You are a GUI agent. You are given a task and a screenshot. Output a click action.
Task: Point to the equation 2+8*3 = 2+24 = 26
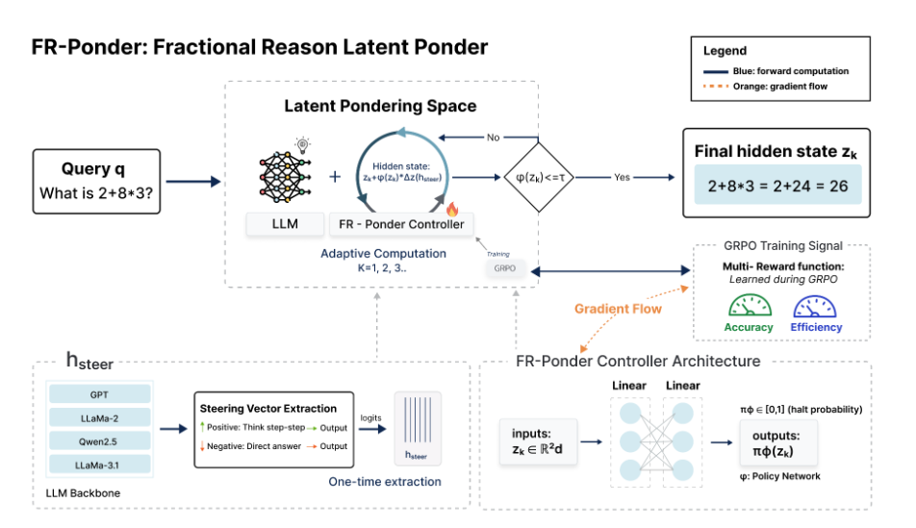point(776,186)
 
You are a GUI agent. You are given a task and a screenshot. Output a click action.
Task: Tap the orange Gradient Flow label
point(618,309)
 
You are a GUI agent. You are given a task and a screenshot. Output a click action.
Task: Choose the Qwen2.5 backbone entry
point(99,441)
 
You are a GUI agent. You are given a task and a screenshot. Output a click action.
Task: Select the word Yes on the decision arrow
point(622,177)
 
